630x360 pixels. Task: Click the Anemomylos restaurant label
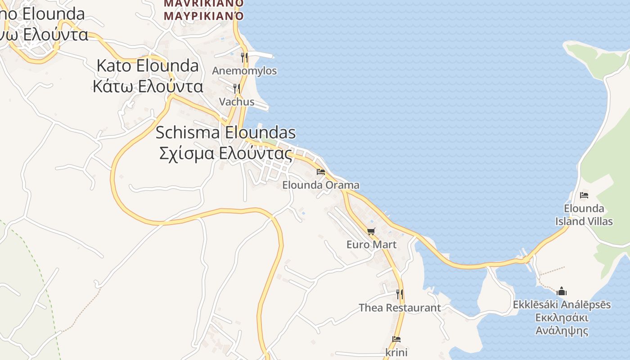point(244,71)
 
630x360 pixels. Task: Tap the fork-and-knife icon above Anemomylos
point(244,57)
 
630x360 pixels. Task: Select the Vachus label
point(237,102)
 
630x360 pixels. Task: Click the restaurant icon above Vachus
point(237,89)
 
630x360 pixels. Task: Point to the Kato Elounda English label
point(148,66)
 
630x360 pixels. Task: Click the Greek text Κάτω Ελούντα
point(148,85)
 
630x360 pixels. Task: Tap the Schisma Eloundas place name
point(225,132)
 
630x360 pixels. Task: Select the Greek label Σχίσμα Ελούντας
point(225,153)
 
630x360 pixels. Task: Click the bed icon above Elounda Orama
point(321,172)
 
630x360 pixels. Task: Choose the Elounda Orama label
point(321,185)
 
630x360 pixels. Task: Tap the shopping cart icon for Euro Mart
point(371,231)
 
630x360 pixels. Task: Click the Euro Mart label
point(371,244)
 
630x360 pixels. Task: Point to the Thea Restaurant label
point(400,308)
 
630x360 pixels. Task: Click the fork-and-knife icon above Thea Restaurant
point(400,294)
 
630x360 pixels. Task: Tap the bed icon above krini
point(396,339)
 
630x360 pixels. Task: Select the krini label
point(396,352)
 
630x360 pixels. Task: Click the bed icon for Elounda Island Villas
point(584,195)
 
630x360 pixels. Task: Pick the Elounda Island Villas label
point(584,215)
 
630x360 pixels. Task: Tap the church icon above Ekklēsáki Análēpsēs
point(562,291)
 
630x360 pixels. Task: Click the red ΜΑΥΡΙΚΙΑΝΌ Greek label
point(204,16)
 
